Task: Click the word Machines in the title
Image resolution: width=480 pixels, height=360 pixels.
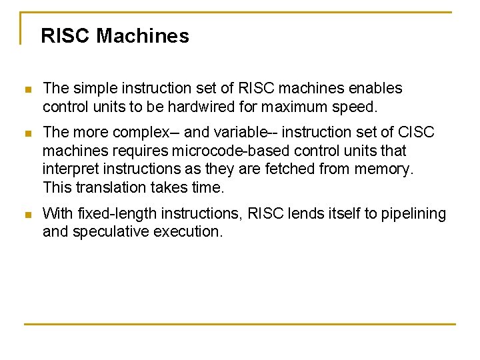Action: tap(142, 36)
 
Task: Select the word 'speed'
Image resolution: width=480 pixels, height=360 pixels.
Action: tap(354, 107)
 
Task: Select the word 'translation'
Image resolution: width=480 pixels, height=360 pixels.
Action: tap(107, 187)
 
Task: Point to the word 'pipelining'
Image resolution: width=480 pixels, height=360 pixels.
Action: tap(414, 214)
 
